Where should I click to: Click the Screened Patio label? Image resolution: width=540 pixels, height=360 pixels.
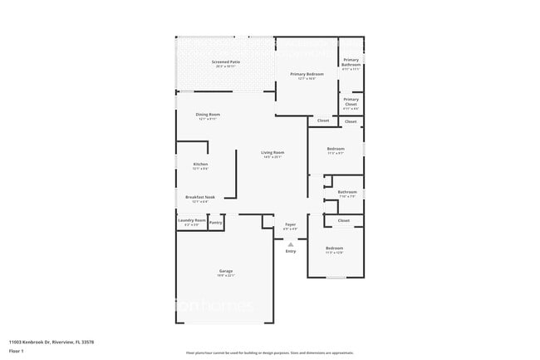click(x=225, y=62)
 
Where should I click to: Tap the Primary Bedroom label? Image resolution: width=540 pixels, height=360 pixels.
click(x=306, y=75)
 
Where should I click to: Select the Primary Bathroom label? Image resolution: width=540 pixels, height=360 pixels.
click(x=351, y=62)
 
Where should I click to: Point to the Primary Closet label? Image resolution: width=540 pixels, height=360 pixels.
click(x=351, y=101)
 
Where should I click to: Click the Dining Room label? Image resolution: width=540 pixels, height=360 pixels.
click(x=208, y=115)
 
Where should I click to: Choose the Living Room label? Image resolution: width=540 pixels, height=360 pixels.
click(x=272, y=153)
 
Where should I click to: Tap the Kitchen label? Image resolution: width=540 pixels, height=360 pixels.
click(x=199, y=165)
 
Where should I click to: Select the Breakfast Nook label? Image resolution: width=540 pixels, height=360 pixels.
click(x=199, y=198)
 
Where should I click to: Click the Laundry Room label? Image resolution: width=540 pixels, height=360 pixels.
click(x=191, y=220)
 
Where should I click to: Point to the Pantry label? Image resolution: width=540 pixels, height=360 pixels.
click(x=215, y=222)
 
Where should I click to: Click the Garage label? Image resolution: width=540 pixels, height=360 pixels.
click(x=225, y=271)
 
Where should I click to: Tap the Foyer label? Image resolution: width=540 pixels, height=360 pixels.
click(x=291, y=224)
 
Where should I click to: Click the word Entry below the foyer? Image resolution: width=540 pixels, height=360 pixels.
click(x=291, y=251)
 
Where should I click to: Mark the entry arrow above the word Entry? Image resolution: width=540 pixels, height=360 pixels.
click(x=291, y=244)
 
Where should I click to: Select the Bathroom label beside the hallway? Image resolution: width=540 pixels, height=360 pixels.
click(x=346, y=192)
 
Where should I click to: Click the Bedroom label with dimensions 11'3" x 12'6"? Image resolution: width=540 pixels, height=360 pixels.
click(x=334, y=249)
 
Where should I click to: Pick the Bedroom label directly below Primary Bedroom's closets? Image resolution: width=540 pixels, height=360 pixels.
click(x=335, y=149)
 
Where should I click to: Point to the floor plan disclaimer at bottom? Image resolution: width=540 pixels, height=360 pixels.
click(x=270, y=353)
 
